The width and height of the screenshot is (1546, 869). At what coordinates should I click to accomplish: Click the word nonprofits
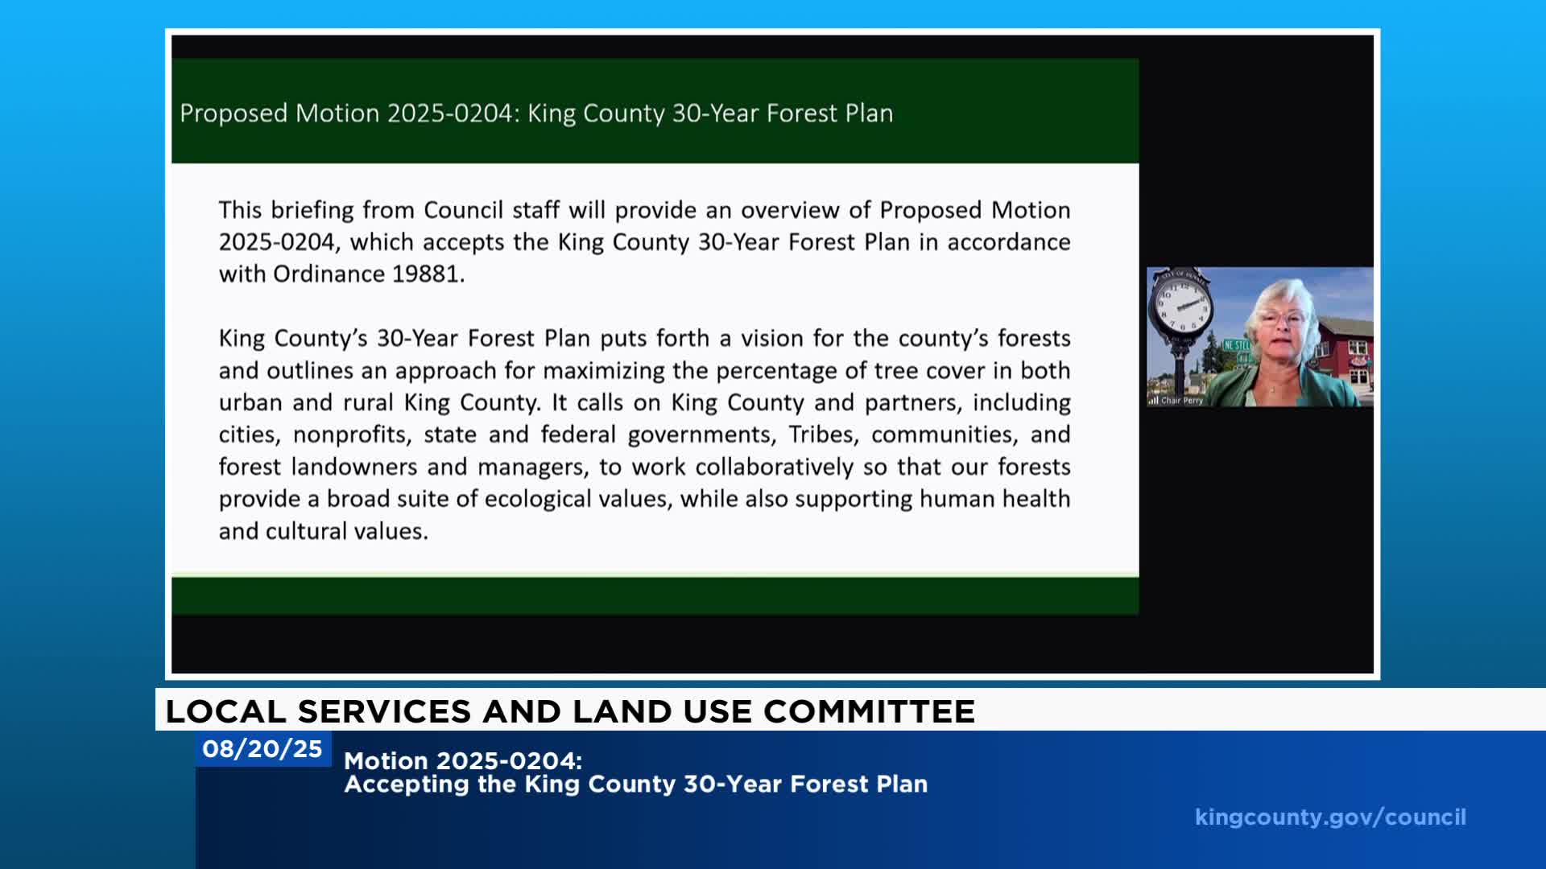[352, 435]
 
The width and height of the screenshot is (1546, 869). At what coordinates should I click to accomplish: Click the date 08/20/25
[262, 749]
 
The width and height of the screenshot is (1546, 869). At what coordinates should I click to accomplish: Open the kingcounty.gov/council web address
[1330, 818]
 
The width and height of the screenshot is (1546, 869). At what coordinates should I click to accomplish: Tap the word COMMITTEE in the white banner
[869, 711]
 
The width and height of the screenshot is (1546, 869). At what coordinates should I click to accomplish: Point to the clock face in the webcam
[1182, 305]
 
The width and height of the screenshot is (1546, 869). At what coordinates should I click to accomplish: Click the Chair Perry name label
[1181, 400]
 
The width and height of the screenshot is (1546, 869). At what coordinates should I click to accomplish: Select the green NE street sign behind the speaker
[1236, 345]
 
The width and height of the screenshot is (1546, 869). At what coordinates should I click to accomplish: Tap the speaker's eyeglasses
[1287, 318]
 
